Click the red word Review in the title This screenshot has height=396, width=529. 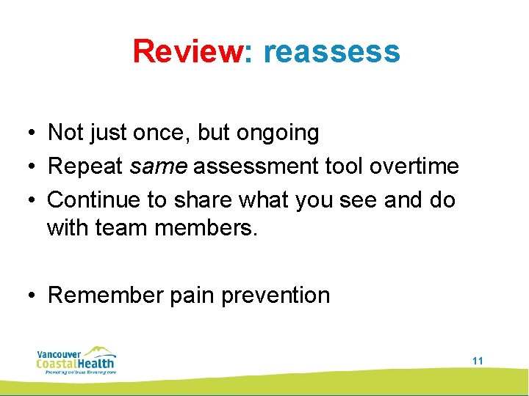click(x=188, y=51)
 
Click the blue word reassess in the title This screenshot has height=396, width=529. click(x=331, y=51)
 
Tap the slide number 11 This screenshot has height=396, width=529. click(x=478, y=361)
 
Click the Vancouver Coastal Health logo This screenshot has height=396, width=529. click(x=76, y=360)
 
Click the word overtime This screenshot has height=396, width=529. click(x=414, y=166)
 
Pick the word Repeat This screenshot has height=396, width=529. click(x=85, y=166)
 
